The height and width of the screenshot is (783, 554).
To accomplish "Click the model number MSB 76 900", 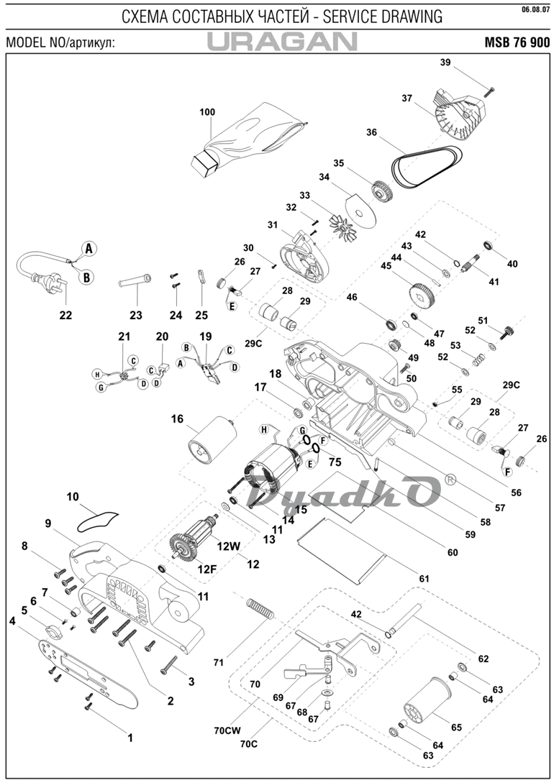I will pos(517,42).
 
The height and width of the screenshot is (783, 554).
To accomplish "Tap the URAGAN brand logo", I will pos(282,42).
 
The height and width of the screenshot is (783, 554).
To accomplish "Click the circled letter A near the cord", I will pos(88,249).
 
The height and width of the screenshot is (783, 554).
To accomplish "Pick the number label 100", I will pos(207,112).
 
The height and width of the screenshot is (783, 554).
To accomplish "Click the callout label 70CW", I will pos(227,731).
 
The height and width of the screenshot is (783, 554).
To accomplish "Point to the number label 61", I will pos(424,577).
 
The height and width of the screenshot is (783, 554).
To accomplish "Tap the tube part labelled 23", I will pos(134,280).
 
